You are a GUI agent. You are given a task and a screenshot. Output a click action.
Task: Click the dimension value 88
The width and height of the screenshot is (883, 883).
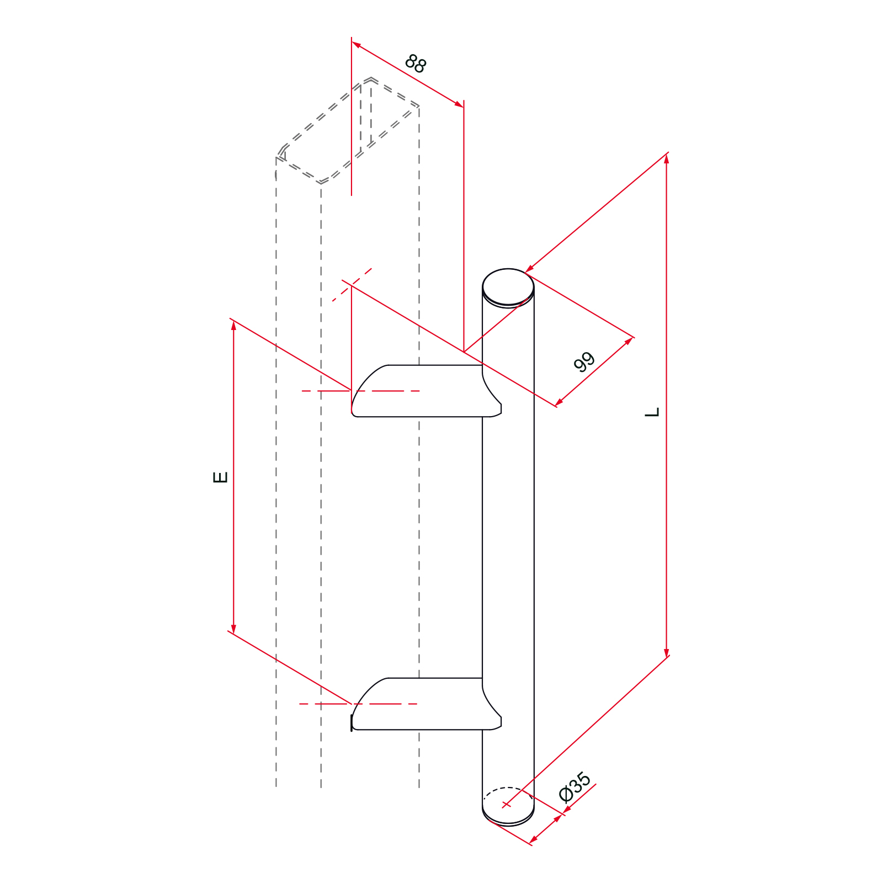[416, 63]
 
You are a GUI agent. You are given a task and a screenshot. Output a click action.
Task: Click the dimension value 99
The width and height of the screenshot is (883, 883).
[584, 362]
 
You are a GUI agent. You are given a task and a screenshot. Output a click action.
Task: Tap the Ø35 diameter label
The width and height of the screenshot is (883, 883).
[575, 787]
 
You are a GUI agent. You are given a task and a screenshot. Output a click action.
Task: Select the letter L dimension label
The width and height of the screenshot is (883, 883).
[652, 412]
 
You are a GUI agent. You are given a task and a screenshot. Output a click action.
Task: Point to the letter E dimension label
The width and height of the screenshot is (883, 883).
[220, 477]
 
